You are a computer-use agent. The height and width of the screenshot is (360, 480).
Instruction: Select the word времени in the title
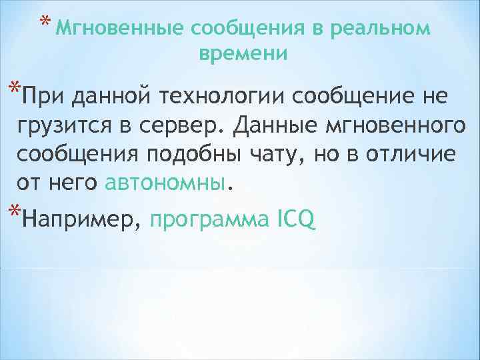tap(243, 54)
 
